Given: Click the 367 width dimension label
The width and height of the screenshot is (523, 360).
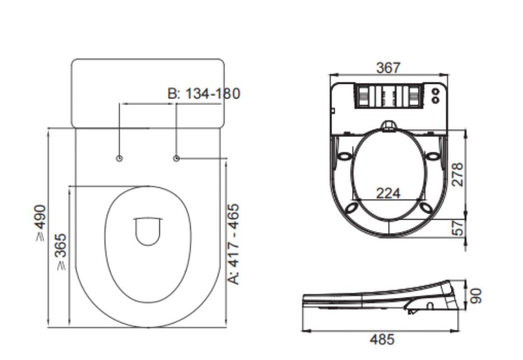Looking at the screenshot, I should (x=388, y=68).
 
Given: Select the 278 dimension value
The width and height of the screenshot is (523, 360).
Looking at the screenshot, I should (x=458, y=174).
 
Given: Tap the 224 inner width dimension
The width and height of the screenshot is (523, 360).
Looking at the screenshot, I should (x=388, y=193).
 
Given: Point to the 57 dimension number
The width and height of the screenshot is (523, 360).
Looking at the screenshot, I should (x=458, y=228).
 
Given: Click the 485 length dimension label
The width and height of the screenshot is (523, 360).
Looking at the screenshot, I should (x=382, y=339).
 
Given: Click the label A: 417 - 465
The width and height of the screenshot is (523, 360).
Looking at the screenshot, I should (x=235, y=243).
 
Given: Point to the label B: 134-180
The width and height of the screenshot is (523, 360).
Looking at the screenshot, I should (x=204, y=93).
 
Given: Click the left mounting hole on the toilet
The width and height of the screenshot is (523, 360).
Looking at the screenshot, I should (x=119, y=159).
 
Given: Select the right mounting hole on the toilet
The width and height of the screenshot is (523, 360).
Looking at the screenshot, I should (x=177, y=159).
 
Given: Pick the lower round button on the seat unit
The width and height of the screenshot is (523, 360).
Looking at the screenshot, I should (x=435, y=100).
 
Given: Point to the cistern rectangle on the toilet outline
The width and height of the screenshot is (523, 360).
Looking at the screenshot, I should (x=148, y=92).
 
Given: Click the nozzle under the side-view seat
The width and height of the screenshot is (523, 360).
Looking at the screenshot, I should (x=413, y=307).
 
